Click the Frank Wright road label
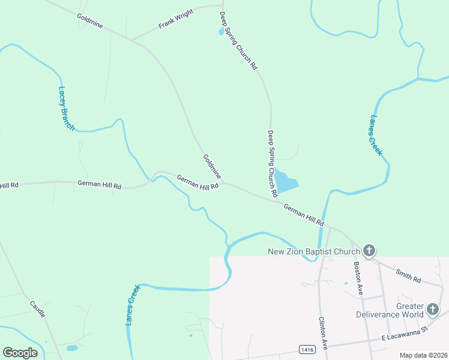[176, 19]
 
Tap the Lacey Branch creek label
[66, 109]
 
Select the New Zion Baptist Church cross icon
[369, 250]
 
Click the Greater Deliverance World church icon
[433, 310]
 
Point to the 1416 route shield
[307, 349]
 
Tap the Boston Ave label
[359, 278]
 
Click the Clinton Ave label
[322, 333]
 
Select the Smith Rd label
[409, 275]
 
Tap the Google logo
[20, 352]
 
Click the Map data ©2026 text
[423, 355]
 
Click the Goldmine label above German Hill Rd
[212, 167]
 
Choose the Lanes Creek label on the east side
[376, 136]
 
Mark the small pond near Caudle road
[72, 348]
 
